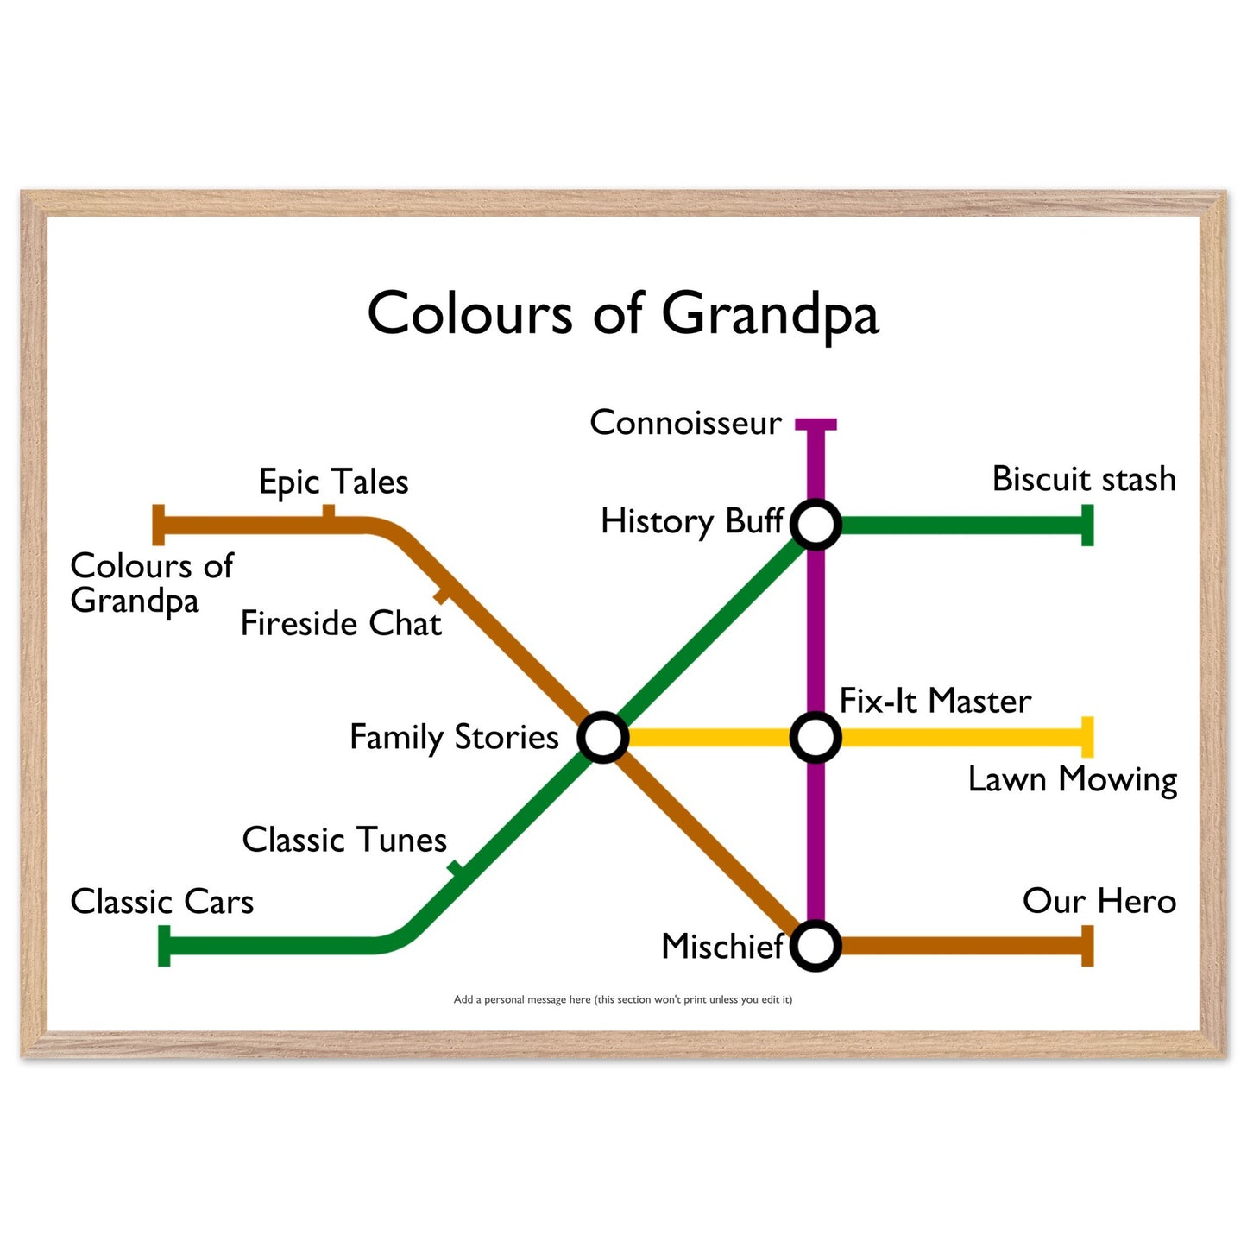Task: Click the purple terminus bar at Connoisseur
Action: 816,425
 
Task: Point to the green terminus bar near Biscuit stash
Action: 1087,525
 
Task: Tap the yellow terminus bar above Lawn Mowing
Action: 1087,736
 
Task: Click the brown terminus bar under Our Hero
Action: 1087,946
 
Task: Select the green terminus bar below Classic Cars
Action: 164,946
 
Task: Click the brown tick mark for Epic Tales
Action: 329,511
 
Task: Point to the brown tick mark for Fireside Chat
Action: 442,595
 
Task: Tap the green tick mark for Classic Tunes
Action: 457,869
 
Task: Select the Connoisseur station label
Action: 686,423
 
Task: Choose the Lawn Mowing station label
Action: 1073,779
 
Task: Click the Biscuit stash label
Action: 1084,479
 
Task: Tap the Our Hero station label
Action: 1099,901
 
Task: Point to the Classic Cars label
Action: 161,901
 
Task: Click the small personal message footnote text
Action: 622,999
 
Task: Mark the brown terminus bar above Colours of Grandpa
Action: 159,525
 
